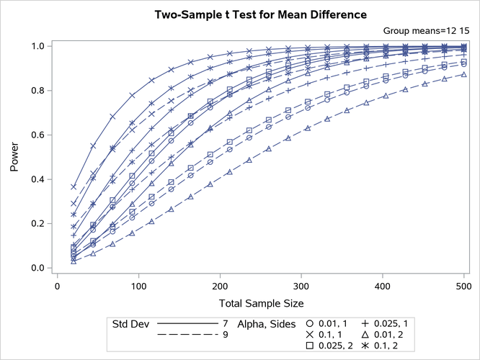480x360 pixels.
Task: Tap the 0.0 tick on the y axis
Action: point(40,269)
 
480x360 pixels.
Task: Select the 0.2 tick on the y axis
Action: point(40,224)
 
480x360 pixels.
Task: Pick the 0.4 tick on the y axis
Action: point(40,179)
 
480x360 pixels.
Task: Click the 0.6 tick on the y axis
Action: point(40,135)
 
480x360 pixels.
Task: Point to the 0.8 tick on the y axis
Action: point(40,91)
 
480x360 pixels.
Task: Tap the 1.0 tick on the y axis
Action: point(40,46)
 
